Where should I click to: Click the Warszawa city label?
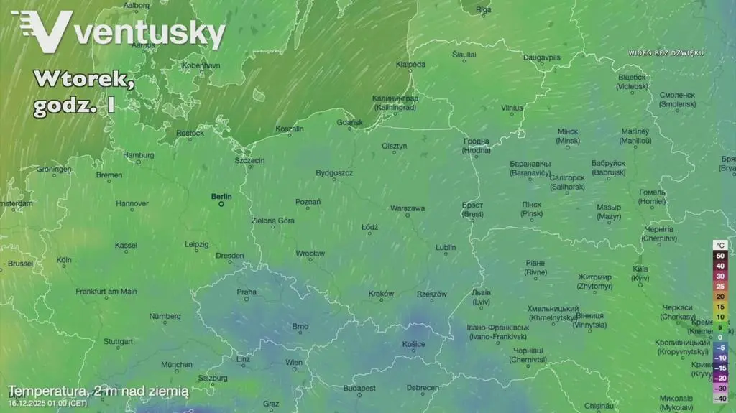(x=408, y=208)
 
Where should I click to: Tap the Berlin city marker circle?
(x=221, y=204)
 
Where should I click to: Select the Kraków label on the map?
(x=381, y=294)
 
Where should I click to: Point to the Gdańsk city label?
(x=350, y=123)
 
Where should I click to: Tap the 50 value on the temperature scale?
(x=720, y=256)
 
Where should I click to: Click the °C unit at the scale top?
(x=720, y=245)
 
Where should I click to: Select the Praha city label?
(x=247, y=292)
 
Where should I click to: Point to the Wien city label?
(x=294, y=363)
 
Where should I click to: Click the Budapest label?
(x=359, y=388)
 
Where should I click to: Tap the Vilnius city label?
(x=512, y=108)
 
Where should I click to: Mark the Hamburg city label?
(x=138, y=154)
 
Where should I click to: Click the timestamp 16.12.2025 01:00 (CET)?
(x=47, y=404)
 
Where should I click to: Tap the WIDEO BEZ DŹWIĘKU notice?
(x=666, y=53)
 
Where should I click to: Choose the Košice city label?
(x=413, y=344)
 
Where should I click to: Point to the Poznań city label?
(x=308, y=202)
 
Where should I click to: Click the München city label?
(x=176, y=364)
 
